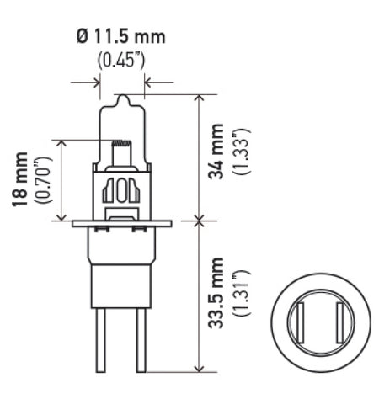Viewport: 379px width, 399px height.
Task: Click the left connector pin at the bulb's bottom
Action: tap(104, 345)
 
